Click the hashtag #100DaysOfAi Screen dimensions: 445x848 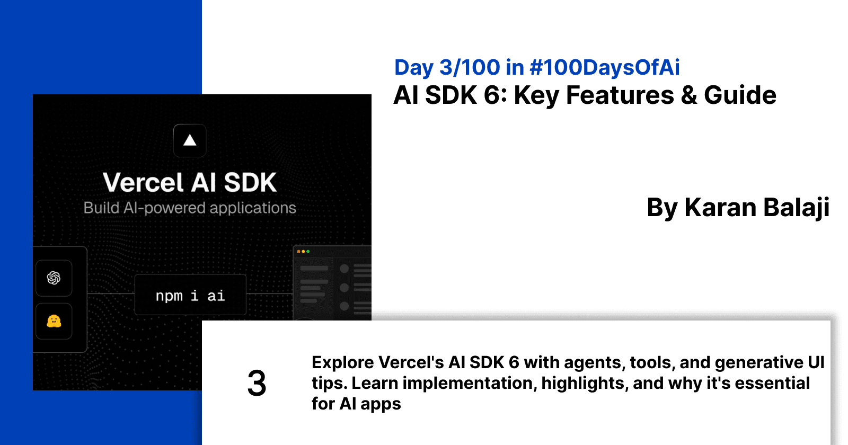(x=604, y=68)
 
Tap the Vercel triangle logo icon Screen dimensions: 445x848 (x=190, y=140)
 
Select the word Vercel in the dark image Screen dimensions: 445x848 (x=143, y=183)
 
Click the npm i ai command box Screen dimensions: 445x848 (x=190, y=295)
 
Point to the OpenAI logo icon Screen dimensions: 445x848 (x=54, y=278)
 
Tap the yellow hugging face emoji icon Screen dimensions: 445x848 (x=54, y=321)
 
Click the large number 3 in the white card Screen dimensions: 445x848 (x=257, y=383)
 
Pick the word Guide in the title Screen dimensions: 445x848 (x=740, y=96)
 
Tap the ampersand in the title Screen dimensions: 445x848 (x=689, y=96)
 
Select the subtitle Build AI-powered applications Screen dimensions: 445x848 (x=190, y=208)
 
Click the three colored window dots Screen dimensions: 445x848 (x=303, y=251)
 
